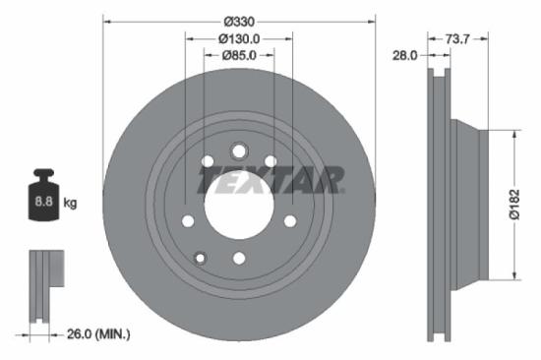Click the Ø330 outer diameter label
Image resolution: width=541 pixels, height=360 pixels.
238,21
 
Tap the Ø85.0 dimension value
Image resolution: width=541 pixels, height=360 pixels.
238,56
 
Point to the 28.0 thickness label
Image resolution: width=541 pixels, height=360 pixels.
405,56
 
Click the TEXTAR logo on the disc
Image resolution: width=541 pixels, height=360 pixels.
270,180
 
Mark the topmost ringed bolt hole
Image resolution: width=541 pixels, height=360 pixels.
239,150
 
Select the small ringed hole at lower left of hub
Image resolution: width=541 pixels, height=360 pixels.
200,258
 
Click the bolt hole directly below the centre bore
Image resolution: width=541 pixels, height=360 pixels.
239,258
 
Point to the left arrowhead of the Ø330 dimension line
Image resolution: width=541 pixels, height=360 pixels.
107,21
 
